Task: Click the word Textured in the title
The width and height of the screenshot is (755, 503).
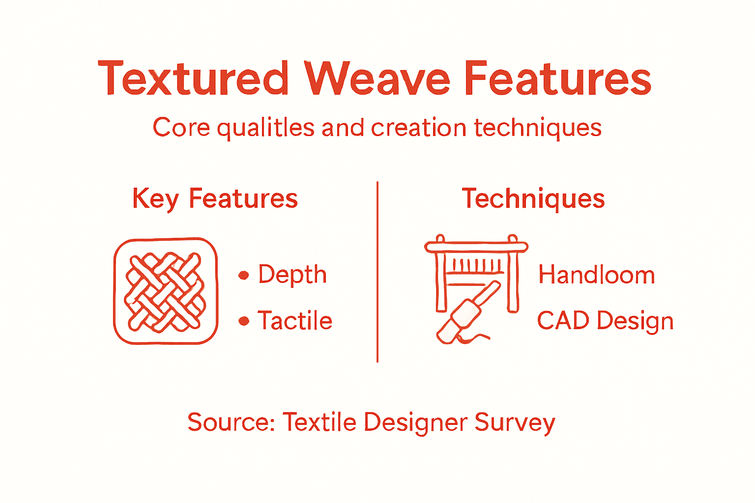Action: click(x=193, y=79)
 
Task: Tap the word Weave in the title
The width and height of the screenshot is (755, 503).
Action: click(x=377, y=79)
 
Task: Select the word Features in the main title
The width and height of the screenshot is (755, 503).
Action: click(x=557, y=79)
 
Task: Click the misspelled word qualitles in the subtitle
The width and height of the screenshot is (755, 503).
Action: click(x=265, y=128)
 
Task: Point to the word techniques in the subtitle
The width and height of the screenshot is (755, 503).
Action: click(x=538, y=128)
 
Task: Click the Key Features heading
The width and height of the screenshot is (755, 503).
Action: click(x=215, y=199)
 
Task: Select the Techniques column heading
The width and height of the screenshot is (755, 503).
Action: click(x=533, y=199)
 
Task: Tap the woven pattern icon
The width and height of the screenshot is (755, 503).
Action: click(x=166, y=291)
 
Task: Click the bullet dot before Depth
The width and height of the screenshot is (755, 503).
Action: click(x=243, y=275)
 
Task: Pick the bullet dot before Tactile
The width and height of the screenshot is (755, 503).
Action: click(x=243, y=321)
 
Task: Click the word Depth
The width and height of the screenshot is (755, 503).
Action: click(x=292, y=275)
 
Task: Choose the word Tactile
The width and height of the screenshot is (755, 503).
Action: click(x=295, y=321)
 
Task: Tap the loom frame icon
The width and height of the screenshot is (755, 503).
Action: click(x=476, y=265)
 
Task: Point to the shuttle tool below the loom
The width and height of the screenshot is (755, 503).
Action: click(x=467, y=314)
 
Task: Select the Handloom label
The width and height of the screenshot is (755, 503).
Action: click(x=597, y=275)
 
